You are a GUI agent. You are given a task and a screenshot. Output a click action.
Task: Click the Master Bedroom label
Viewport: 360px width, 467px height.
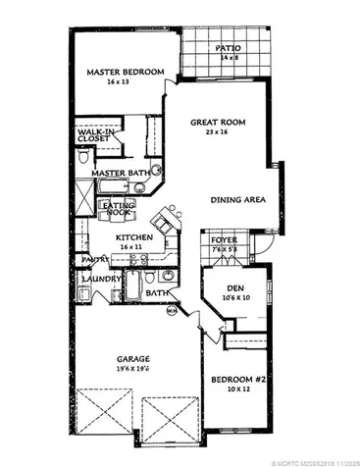coord(121,72)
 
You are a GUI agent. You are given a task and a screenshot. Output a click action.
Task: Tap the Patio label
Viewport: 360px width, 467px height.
coord(231,47)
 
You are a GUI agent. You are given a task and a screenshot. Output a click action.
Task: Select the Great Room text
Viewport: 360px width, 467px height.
coord(217,123)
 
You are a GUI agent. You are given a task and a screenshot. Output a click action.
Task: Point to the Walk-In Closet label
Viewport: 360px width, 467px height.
coord(99,135)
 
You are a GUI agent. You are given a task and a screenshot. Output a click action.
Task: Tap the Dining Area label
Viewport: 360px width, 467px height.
coord(239,200)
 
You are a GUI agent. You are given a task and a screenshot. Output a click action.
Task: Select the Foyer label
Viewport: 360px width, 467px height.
coord(223,238)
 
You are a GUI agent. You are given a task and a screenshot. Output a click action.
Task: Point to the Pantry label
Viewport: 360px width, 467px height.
coord(93,260)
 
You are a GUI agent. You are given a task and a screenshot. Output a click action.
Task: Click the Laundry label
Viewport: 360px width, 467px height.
coord(101,278)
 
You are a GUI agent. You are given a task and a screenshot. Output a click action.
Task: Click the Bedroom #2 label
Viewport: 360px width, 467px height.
coord(241,379)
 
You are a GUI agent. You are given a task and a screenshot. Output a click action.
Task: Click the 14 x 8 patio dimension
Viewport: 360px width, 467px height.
coord(231,58)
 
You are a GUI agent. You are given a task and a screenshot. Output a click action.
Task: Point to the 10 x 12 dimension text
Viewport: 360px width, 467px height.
coord(241,390)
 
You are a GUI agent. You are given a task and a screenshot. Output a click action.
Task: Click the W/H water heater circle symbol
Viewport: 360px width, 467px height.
coord(171,312)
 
